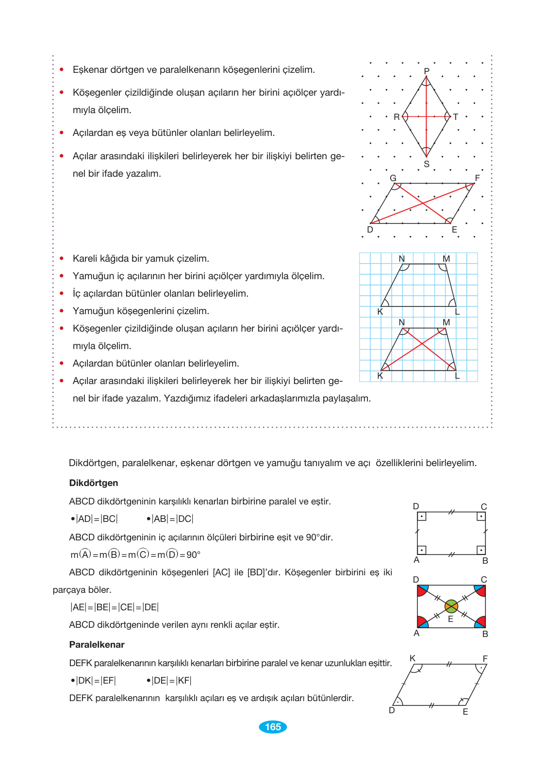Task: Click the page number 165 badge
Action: pyautogui.click(x=273, y=727)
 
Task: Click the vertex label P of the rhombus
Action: pyautogui.click(x=427, y=71)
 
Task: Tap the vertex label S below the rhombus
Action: pyautogui.click(x=427, y=164)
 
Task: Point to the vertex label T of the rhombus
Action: pyautogui.click(x=455, y=117)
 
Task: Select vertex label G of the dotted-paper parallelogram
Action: pyautogui.click(x=393, y=178)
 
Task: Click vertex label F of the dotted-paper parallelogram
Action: pyautogui.click(x=478, y=178)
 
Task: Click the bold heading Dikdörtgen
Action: pyautogui.click(x=94, y=483)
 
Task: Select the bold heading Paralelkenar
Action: pyautogui.click(x=97, y=645)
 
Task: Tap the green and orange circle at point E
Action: pyautogui.click(x=451, y=606)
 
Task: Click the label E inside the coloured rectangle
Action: pyautogui.click(x=450, y=620)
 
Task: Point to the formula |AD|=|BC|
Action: pyautogui.click(x=97, y=519)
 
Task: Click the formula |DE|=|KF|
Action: pyautogui.click(x=171, y=681)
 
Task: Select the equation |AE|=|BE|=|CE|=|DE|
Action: pyautogui.click(x=115, y=607)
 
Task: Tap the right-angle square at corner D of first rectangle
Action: pyautogui.click(x=422, y=517)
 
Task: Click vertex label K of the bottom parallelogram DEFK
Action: pyautogui.click(x=413, y=658)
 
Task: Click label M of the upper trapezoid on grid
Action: pyautogui.click(x=446, y=259)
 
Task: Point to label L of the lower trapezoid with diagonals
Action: pyautogui.click(x=457, y=376)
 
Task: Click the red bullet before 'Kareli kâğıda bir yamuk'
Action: pyautogui.click(x=62, y=259)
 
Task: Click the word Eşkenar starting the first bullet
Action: pyautogui.click(x=90, y=70)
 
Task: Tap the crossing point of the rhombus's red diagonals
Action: pyautogui.click(x=426, y=117)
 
